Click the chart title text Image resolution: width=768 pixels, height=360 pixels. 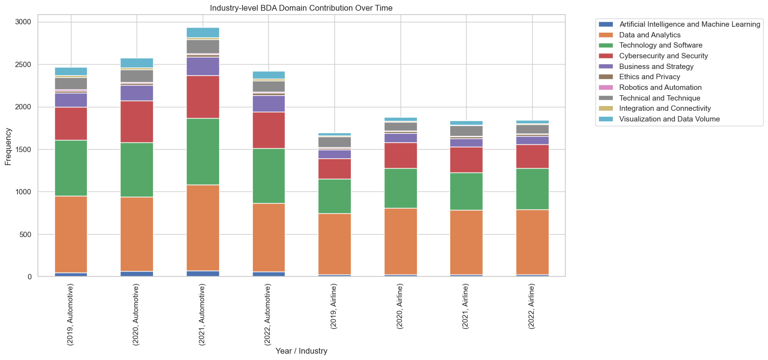(x=301, y=8)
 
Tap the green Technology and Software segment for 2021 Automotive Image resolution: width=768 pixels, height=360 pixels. (x=202, y=151)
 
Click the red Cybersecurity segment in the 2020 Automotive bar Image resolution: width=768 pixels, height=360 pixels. (x=137, y=121)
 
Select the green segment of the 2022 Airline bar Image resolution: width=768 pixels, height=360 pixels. (x=532, y=189)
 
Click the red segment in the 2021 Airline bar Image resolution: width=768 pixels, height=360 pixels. (x=466, y=159)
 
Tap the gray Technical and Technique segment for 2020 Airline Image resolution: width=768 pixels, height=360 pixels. (x=401, y=126)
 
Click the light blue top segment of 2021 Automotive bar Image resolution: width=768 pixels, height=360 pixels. (x=202, y=32)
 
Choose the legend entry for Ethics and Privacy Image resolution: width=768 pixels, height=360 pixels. (x=649, y=77)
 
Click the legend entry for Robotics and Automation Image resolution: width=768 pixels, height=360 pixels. (x=660, y=87)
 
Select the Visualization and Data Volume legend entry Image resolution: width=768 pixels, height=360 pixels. (x=669, y=119)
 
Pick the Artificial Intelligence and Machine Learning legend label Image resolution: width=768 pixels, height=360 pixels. (x=689, y=24)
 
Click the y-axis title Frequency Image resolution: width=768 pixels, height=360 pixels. (x=8, y=146)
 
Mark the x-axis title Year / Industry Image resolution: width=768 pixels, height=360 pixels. (x=301, y=351)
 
